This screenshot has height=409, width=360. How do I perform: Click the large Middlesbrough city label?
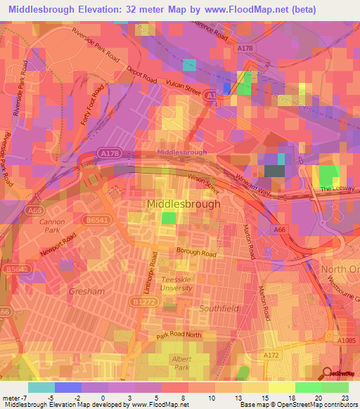(184, 204)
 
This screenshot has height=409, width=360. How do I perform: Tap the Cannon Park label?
(53, 226)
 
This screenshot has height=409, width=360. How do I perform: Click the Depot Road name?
(142, 75)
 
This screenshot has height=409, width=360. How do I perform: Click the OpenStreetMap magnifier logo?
(328, 372)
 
